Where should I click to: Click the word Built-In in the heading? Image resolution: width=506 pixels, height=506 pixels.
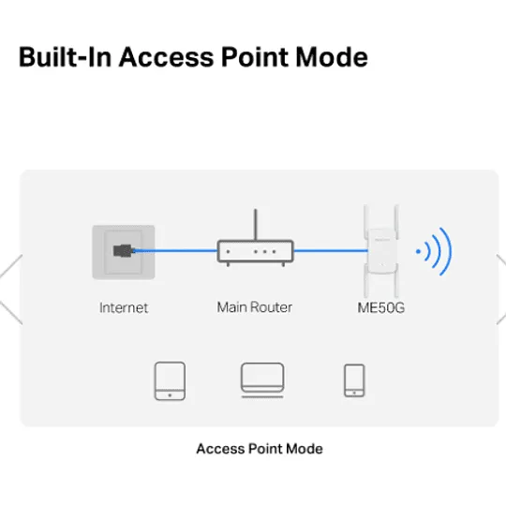point(66,57)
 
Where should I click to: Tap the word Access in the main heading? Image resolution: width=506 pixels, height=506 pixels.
point(167,57)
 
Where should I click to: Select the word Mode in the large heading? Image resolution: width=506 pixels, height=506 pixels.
point(332,57)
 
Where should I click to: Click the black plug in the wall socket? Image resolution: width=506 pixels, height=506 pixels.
point(124,251)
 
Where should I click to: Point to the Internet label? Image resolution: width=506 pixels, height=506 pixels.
point(124,307)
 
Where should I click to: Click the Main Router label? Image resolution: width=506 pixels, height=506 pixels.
point(255,307)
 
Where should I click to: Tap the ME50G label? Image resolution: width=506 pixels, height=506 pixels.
point(381,307)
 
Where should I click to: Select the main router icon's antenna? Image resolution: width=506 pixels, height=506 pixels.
point(256,225)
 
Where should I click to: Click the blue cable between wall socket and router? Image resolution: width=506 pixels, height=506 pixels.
point(175,251)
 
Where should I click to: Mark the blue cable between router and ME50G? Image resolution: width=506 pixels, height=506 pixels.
point(331,250)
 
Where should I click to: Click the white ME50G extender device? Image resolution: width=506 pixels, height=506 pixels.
point(381,251)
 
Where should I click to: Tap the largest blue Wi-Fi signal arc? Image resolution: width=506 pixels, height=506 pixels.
point(446,251)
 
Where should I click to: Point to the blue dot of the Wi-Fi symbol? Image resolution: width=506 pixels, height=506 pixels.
point(418,251)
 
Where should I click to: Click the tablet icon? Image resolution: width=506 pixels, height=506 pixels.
point(170,381)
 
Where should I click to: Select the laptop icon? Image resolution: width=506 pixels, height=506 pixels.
point(262,380)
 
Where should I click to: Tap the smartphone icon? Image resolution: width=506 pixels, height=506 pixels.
point(354,380)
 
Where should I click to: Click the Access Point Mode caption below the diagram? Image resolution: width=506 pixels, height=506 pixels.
point(260,449)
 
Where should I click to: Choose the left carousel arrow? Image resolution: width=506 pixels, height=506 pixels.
point(11,290)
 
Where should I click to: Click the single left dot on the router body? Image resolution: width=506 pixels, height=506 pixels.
point(228,251)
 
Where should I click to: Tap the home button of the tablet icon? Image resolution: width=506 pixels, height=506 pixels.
point(170,395)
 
